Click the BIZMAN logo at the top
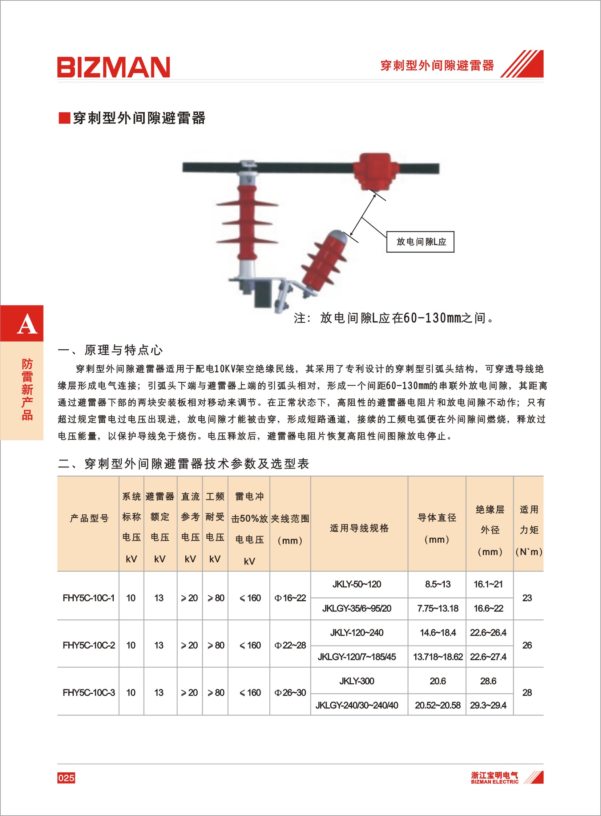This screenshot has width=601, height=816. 113,67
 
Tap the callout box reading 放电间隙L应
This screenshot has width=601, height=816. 420,242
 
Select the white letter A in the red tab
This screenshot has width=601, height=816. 27,325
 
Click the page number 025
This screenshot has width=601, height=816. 66,778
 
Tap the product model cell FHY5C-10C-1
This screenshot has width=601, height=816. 88,598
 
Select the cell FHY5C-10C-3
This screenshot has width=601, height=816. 88,693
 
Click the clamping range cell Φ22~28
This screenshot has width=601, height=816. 290,645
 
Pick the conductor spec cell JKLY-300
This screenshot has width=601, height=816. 356,681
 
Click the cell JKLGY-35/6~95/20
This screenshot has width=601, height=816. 356,608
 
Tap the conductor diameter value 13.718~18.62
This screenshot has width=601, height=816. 437,657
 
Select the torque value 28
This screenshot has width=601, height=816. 527,693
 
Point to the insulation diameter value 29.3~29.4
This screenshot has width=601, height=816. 488,706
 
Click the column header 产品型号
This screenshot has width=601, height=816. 89,518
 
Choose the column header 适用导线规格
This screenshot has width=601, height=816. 359,528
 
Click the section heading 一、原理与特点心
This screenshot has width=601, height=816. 110,350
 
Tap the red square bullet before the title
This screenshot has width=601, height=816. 64,118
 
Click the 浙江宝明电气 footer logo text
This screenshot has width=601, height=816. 495,776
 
